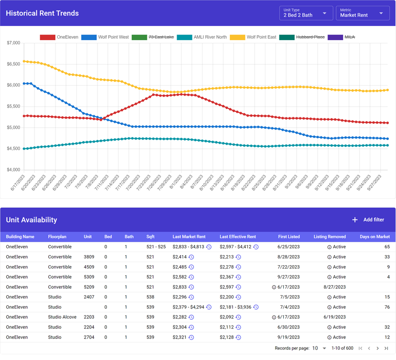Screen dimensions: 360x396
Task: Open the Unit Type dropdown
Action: pos(306,13)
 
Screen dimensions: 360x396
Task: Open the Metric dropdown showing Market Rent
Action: pos(362,13)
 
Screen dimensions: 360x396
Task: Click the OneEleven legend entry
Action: pos(59,37)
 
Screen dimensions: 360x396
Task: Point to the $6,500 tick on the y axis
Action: pos(14,64)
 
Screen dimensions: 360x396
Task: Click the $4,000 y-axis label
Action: pos(14,170)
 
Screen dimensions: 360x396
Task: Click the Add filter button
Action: pos(368,220)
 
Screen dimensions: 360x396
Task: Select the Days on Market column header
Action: pos(375,236)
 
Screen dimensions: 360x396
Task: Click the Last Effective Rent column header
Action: pos(238,236)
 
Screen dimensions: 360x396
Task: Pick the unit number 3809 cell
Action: pos(89,257)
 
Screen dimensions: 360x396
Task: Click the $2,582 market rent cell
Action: pos(180,277)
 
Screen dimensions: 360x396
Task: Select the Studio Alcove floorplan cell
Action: pos(62,317)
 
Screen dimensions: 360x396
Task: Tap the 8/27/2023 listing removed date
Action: pos(334,287)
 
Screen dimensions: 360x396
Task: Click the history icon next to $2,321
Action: pos(191,337)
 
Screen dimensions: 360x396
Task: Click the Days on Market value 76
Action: pos(387,307)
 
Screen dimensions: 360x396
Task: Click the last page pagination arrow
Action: pos(386,348)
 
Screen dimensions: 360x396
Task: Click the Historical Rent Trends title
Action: pos(42,13)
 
